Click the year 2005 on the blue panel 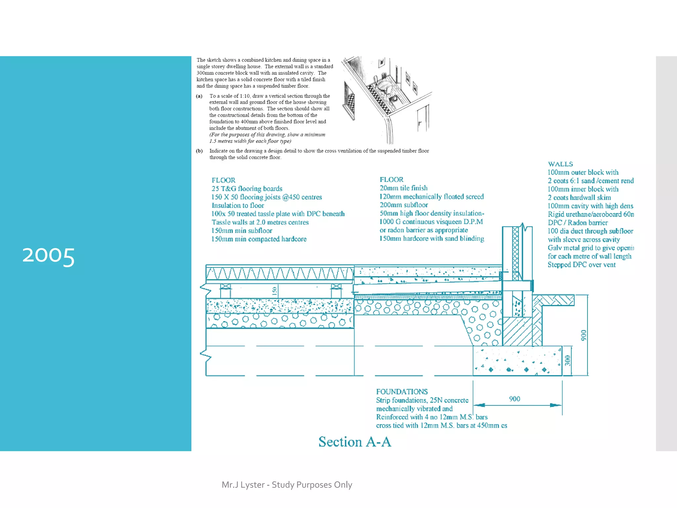[x=48, y=256]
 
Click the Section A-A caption [x=355, y=442]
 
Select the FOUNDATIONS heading [x=402, y=392]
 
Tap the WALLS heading [x=560, y=164]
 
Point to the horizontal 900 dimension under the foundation [x=514, y=399]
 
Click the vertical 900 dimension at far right [x=583, y=335]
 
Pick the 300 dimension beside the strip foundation [x=568, y=360]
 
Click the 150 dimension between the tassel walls [x=274, y=291]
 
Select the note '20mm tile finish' [x=403, y=188]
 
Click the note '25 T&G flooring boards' [x=247, y=189]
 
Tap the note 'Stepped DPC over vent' [x=581, y=265]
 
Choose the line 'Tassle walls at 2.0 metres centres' [x=260, y=222]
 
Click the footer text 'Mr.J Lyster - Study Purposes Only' [x=287, y=485]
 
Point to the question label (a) [x=199, y=96]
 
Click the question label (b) [x=199, y=151]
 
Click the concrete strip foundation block [x=517, y=361]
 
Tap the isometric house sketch [x=387, y=99]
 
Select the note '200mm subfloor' [x=404, y=205]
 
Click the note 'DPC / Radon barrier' [x=577, y=223]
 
